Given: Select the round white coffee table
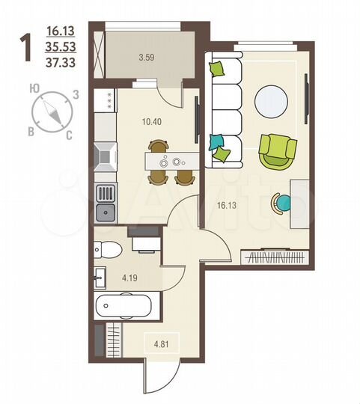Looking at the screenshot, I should (x=271, y=100).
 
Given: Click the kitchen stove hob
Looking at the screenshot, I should (x=105, y=156).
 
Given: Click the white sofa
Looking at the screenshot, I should (x=225, y=108).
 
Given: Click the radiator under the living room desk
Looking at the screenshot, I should (x=275, y=259).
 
